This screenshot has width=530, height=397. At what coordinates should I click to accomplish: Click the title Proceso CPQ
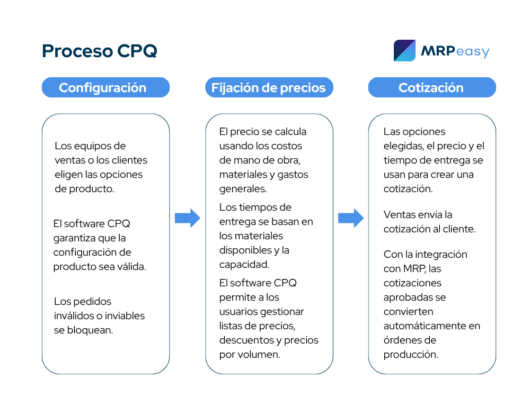(x=100, y=51)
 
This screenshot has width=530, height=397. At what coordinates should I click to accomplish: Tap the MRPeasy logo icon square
(x=404, y=51)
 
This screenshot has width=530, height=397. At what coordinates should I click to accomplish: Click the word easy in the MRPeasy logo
(x=472, y=52)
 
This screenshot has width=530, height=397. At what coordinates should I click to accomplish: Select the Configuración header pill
(x=106, y=87)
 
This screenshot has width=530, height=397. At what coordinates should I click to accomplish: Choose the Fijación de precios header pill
(x=269, y=87)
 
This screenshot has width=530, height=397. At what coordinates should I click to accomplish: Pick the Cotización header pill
(x=432, y=87)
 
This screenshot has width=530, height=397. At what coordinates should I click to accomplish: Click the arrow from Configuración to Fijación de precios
(x=188, y=218)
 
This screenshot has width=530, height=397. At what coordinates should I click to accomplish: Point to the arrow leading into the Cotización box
(x=351, y=218)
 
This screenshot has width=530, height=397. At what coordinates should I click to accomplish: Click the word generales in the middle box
(x=243, y=189)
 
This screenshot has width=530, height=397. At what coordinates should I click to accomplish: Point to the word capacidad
(x=244, y=265)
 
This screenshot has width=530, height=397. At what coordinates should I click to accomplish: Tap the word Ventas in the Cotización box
(x=398, y=215)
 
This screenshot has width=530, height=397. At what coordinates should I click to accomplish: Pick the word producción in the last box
(x=411, y=355)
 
